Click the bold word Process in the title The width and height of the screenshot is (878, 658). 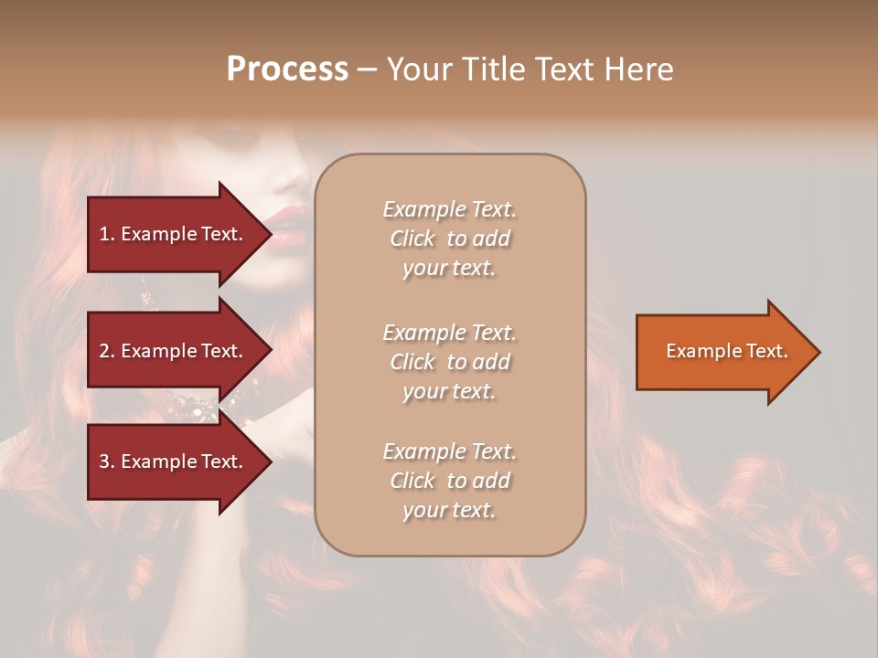(x=287, y=69)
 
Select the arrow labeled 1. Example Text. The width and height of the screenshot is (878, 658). (x=174, y=234)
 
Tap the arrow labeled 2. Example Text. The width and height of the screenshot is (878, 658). (x=174, y=351)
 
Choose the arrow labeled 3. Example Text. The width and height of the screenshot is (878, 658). (x=174, y=462)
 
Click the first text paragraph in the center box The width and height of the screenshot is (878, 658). (x=449, y=239)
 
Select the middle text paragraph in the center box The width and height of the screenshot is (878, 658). (x=449, y=362)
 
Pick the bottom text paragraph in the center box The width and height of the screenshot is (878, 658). (x=449, y=481)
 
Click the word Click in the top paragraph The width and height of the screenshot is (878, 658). (x=412, y=239)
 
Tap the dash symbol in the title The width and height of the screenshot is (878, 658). (x=367, y=69)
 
